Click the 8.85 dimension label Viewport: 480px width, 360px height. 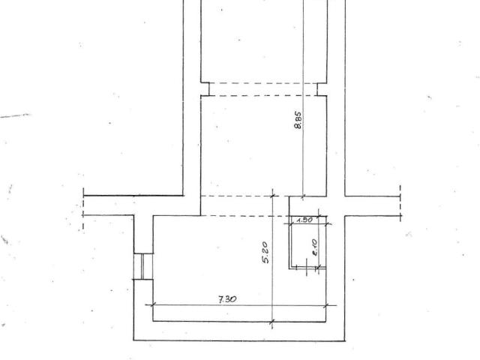coord(298,120)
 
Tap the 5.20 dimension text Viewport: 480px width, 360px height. coord(265,253)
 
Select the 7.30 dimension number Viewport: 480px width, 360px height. coord(227,299)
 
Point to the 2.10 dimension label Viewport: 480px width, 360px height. coord(314,247)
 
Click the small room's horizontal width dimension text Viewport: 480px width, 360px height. coord(304,220)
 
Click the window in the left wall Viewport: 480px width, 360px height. coord(143,266)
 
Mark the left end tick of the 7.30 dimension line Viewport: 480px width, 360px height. coord(153,304)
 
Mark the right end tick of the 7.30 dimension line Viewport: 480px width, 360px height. coord(326,305)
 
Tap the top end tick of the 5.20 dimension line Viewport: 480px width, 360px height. coord(272,196)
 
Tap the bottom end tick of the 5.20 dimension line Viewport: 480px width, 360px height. coord(272,322)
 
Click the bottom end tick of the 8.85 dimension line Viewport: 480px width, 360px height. coord(303,196)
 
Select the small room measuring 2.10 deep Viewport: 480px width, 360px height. coord(308,241)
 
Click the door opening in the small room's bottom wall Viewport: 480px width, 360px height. coord(312,268)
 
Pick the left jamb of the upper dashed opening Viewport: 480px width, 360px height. coord(208,89)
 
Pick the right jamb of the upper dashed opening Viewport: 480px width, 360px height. coord(317,89)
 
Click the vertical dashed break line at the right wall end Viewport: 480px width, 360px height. coord(400,202)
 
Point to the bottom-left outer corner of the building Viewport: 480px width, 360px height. coord(133,340)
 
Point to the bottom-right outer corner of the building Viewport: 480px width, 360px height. coord(345,340)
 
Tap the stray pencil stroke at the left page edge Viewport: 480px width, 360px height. coord(15,115)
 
